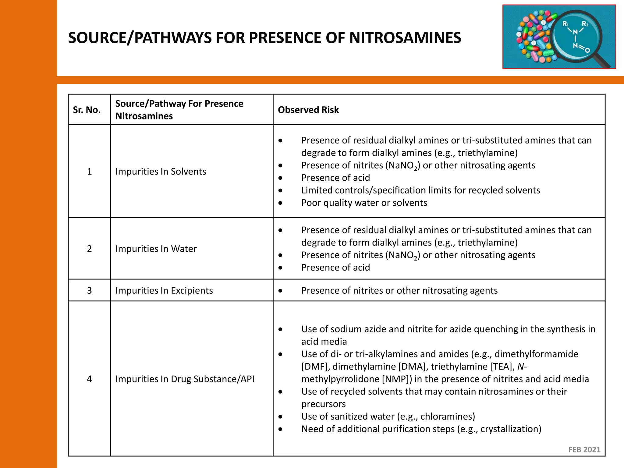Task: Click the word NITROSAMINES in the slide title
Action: click(x=405, y=38)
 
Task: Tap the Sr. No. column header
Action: click(x=87, y=110)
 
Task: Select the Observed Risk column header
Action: click(x=308, y=110)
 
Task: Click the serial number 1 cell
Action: click(x=89, y=172)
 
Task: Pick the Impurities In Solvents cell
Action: click(x=161, y=172)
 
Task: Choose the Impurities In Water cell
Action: click(x=156, y=249)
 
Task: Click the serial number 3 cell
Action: click(x=89, y=290)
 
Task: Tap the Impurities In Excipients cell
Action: click(x=164, y=290)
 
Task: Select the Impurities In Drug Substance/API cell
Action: click(x=185, y=379)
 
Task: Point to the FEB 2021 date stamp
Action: click(x=584, y=449)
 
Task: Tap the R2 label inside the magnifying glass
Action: click(x=585, y=24)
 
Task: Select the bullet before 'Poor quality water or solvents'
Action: click(x=280, y=203)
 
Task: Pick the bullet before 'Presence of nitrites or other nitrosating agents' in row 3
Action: click(x=280, y=291)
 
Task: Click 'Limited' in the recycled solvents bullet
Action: click(x=317, y=190)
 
